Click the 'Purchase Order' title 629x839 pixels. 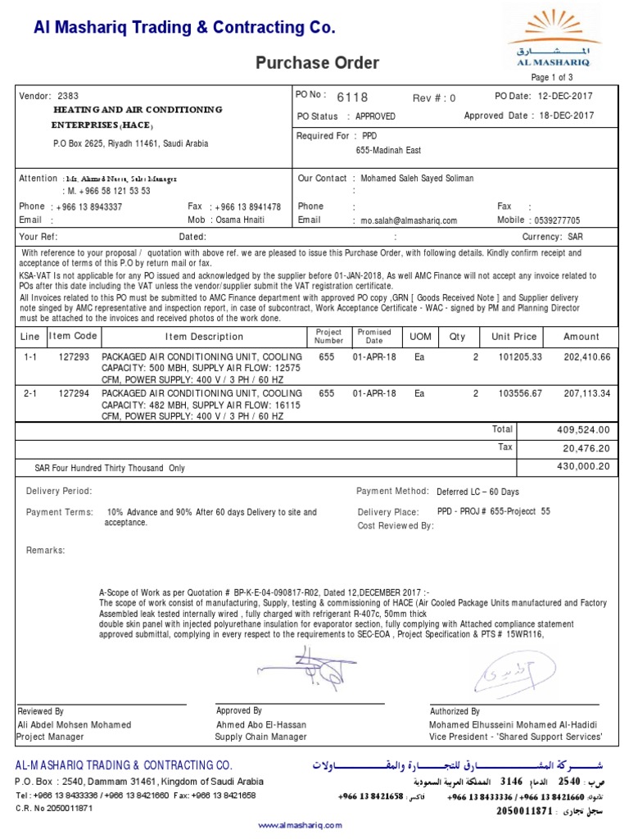[318, 63]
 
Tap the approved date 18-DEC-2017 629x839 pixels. [567, 116]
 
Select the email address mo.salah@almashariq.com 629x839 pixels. [405, 220]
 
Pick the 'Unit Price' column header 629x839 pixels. [514, 337]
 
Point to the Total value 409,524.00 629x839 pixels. [583, 429]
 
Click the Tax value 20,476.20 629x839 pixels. [588, 448]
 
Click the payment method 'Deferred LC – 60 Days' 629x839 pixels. [477, 492]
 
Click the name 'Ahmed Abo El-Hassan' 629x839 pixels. [261, 724]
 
